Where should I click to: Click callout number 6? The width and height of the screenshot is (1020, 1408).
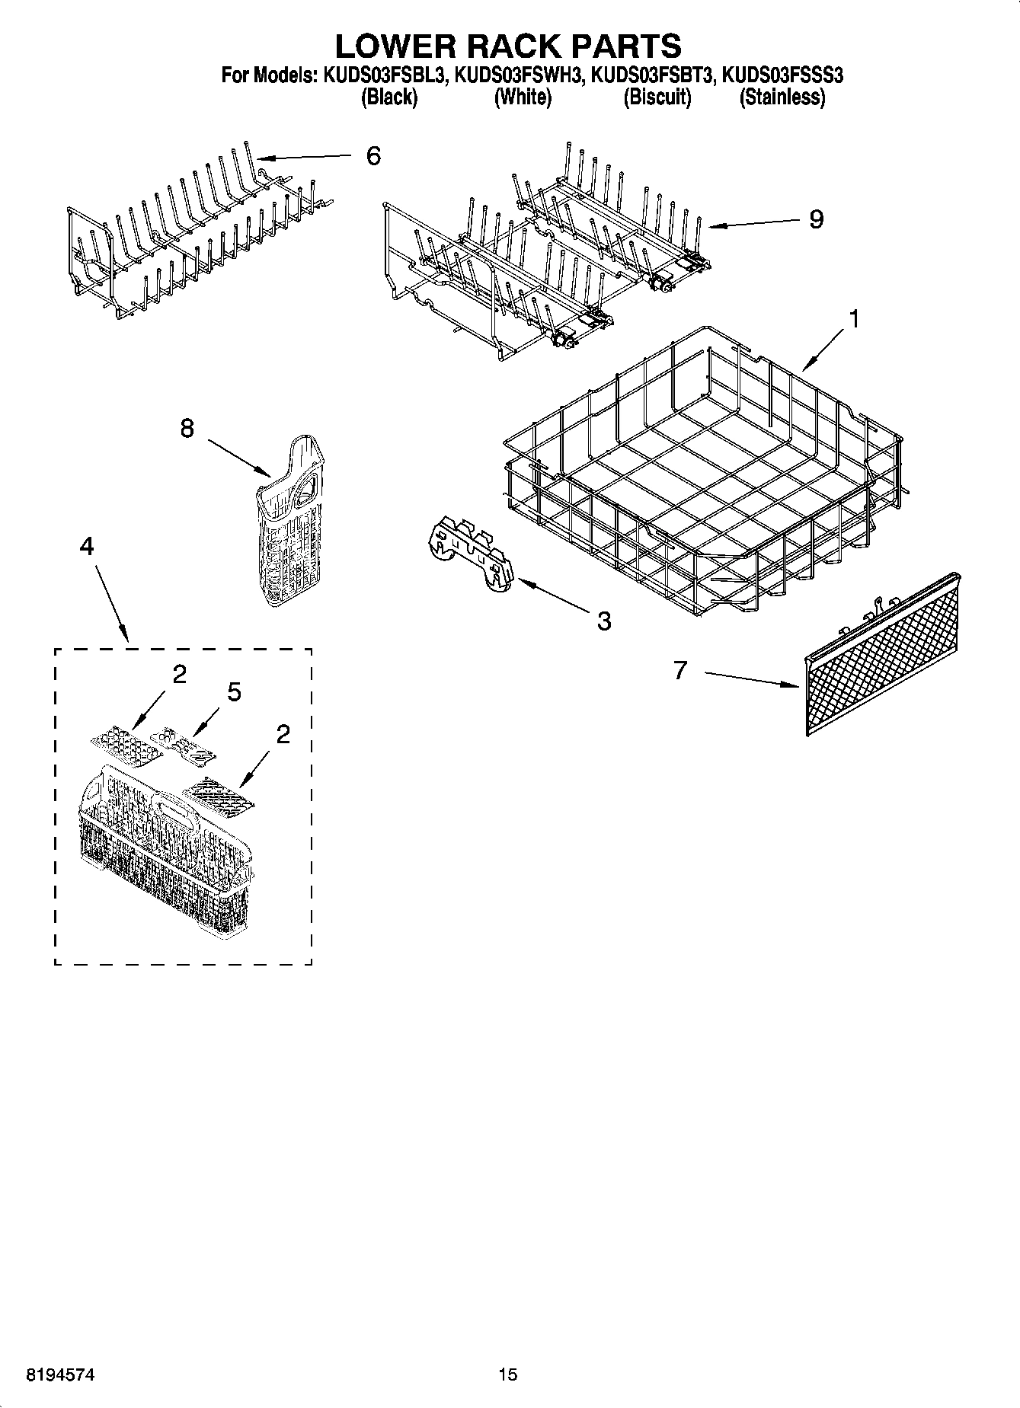click(373, 156)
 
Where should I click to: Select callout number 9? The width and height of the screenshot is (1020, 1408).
click(816, 220)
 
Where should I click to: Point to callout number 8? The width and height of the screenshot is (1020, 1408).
click(187, 429)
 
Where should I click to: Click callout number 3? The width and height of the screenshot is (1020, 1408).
click(603, 621)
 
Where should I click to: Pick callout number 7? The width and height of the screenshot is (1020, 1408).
click(680, 670)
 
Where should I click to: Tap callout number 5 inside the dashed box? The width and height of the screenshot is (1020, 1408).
click(234, 692)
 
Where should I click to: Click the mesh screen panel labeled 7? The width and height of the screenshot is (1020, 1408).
click(884, 656)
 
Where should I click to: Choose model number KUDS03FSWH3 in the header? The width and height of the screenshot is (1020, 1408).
click(519, 75)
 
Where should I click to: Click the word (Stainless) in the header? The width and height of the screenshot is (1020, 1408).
click(782, 97)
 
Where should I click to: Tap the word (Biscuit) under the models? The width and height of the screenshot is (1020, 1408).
click(657, 97)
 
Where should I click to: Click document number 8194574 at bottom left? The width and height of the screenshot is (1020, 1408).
click(61, 1374)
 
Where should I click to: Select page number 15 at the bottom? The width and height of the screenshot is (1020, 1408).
click(507, 1374)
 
